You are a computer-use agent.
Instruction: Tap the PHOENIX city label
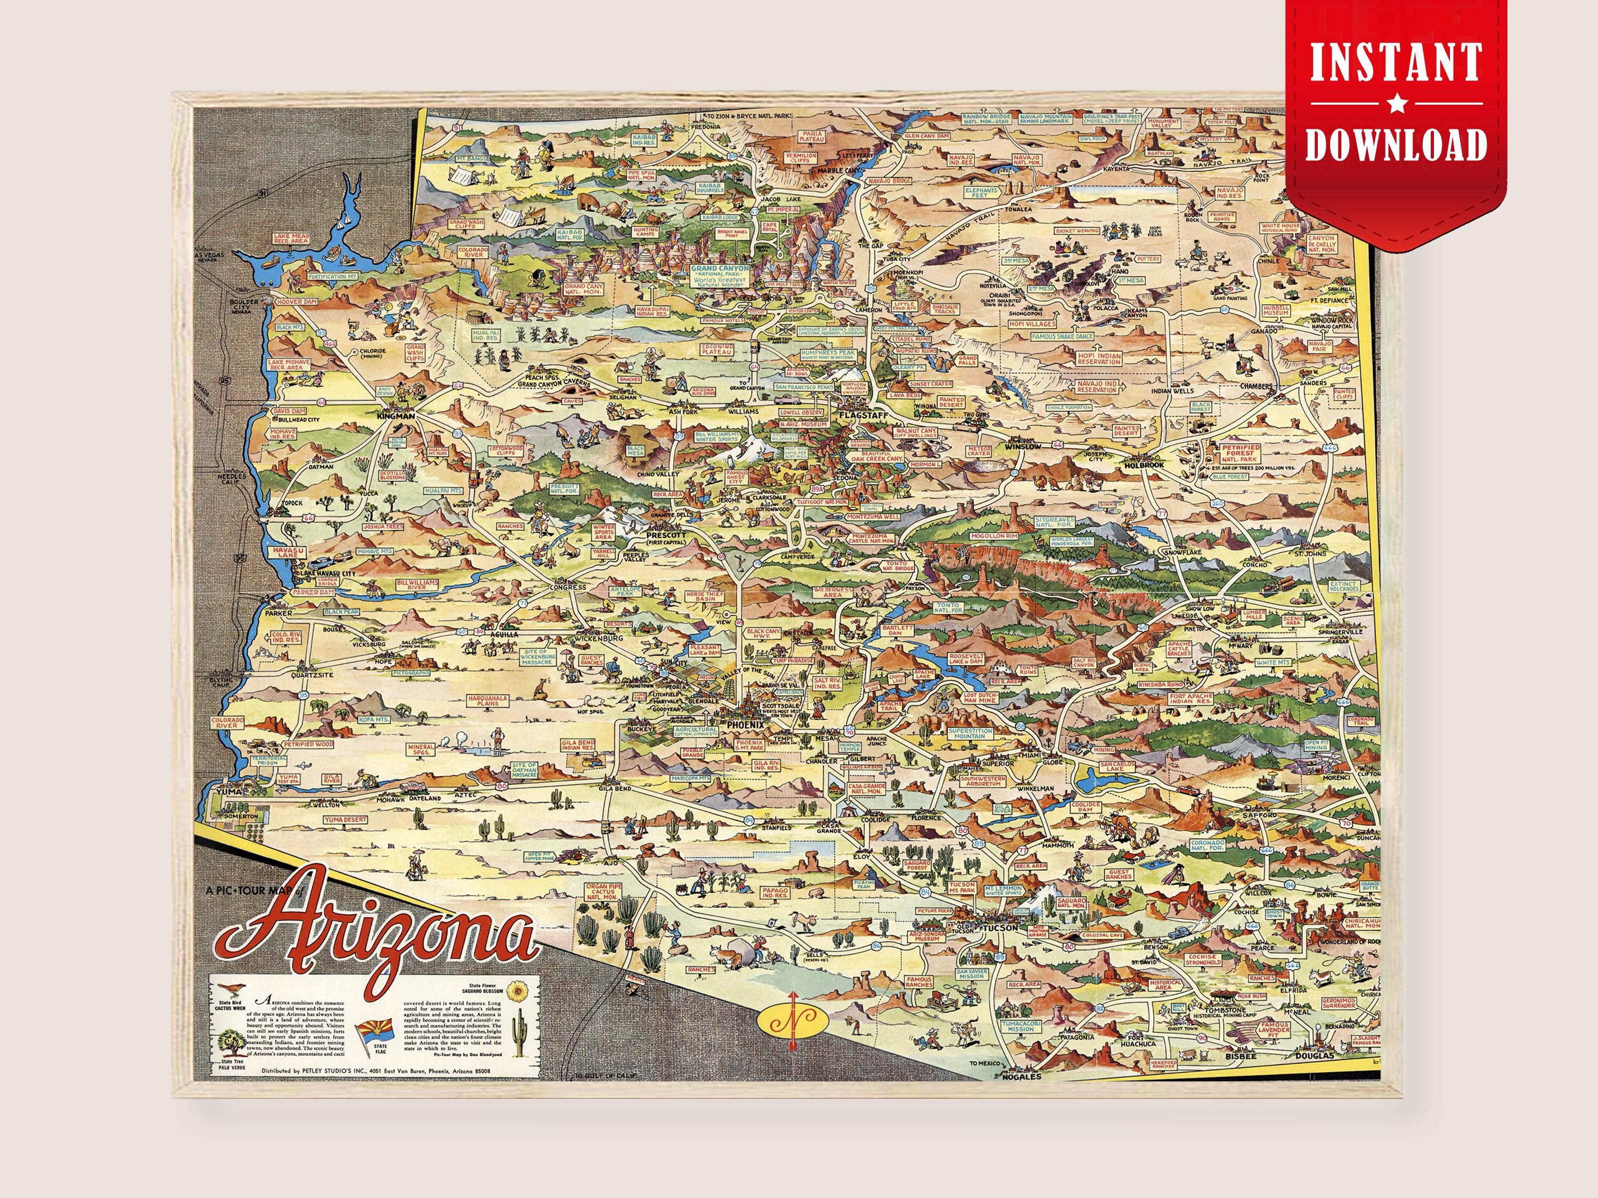(x=744, y=724)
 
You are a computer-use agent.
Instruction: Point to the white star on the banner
(x=1397, y=105)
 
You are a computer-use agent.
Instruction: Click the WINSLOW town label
(x=1022, y=446)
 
